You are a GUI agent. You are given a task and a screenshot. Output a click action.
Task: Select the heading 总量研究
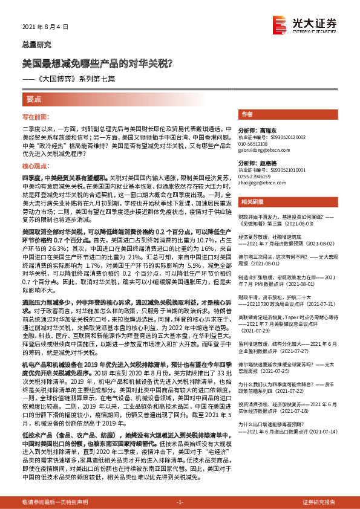37,45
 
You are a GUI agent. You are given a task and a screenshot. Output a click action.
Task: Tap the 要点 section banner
34,99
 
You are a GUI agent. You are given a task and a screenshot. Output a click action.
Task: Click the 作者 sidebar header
247,114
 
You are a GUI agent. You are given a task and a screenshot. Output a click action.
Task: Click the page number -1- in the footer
180,502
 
